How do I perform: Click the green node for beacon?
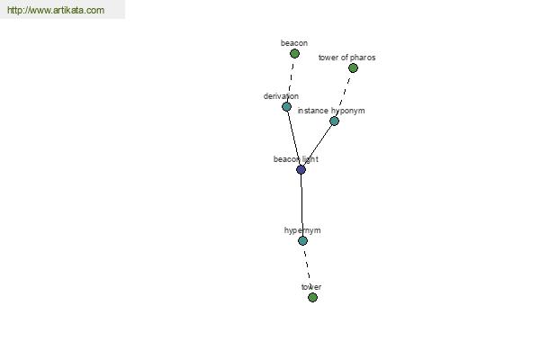coord(294,53)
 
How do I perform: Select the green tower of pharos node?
coord(353,67)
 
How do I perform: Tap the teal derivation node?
coord(286,107)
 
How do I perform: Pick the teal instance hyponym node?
coord(334,121)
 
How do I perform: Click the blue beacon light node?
coord(301,169)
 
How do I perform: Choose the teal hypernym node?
coord(302,240)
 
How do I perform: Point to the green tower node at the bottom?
coord(312,297)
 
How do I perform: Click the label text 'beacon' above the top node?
coord(294,43)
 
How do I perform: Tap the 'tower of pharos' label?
coord(346,58)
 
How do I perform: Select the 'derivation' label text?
coord(281,96)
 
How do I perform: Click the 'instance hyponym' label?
coord(331,111)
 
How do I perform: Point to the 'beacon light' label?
coord(296,159)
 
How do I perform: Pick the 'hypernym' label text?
coord(302,230)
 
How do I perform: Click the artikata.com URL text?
coord(56,10)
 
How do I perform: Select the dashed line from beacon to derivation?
coord(291,80)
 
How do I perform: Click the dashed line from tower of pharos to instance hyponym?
coord(344,94)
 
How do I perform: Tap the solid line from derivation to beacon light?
coord(293,138)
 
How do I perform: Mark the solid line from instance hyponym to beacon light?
coord(318,145)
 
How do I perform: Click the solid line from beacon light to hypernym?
coord(301,205)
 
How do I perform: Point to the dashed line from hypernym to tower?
coord(308,269)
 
